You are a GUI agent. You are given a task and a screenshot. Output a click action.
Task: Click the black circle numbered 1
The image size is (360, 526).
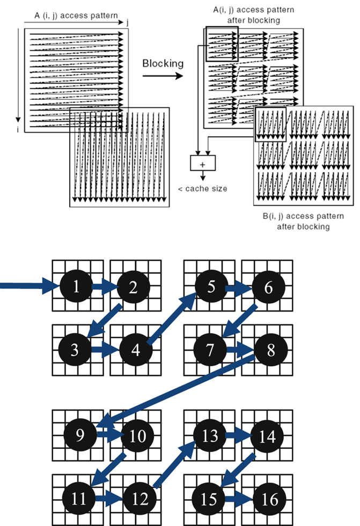76,287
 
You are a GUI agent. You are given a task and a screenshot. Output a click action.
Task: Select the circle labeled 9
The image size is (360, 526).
80,435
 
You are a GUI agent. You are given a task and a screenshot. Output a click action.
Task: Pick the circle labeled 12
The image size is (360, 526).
140,500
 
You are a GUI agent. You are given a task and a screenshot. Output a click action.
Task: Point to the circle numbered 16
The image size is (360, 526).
270,500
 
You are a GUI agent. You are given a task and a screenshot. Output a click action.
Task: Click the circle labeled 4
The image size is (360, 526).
136,350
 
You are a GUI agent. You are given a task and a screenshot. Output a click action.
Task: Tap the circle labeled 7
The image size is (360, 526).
210,350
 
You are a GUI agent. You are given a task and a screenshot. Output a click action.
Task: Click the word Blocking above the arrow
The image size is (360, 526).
163,63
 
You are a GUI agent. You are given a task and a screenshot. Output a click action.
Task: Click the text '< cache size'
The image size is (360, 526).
202,189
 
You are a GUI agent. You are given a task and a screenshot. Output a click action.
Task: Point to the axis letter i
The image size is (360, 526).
17,130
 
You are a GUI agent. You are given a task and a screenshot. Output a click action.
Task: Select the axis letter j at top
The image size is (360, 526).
128,21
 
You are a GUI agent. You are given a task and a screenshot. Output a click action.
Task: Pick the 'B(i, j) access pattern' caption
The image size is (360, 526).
303,217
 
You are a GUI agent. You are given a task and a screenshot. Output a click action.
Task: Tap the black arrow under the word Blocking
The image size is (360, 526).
163,76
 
